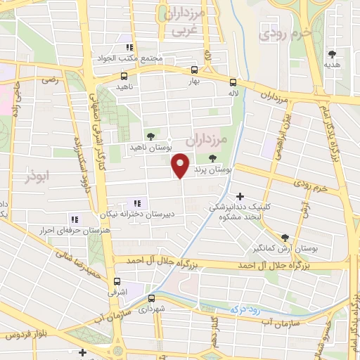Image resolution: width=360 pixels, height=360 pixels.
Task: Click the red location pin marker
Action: (x=181, y=165)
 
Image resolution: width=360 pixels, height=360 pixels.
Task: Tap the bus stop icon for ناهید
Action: (x=124, y=77)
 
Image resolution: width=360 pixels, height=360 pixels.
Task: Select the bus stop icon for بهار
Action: (x=195, y=70)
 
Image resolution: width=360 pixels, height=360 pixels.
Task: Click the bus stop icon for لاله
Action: (x=232, y=82)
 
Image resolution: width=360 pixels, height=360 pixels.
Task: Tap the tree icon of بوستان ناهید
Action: (x=150, y=136)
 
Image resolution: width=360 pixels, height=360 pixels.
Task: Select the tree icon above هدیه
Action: (x=331, y=53)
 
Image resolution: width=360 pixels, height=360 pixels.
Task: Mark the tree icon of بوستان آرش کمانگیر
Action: (x=285, y=238)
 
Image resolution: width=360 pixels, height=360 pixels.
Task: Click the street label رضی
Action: (x=49, y=81)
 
